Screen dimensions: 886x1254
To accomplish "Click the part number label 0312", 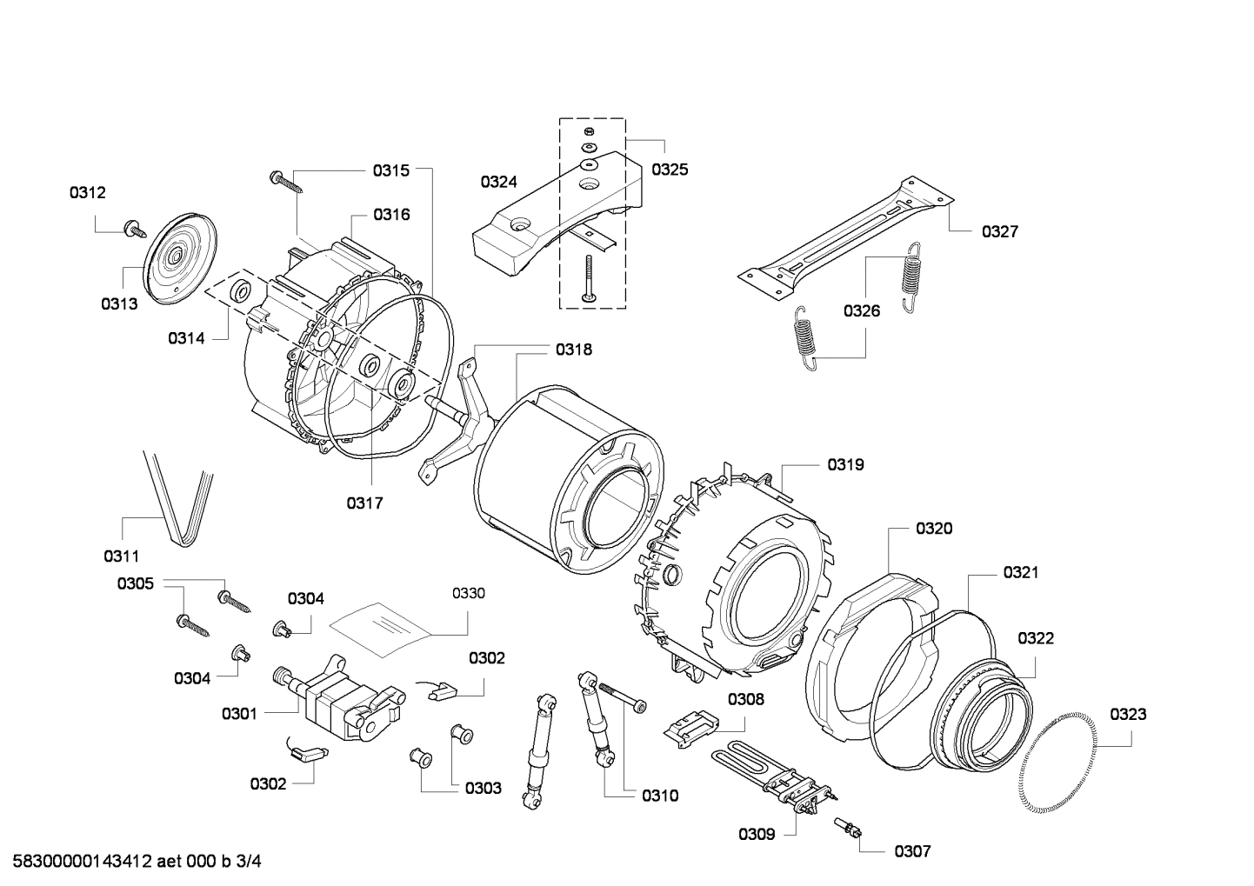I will point(88,193).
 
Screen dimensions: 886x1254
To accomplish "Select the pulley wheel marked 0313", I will point(177,257).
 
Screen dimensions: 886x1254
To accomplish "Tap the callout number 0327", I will point(999,231).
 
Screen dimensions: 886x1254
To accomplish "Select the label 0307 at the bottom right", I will point(912,851).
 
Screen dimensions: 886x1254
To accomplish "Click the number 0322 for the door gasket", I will point(1036,638).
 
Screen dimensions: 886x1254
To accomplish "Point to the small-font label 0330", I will point(468,593).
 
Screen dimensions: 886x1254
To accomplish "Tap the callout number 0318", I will point(574,350).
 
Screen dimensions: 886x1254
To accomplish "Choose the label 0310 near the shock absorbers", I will point(660,795).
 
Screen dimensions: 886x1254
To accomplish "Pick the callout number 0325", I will point(670,170).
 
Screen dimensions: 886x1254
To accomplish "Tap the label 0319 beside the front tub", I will point(845,464).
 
